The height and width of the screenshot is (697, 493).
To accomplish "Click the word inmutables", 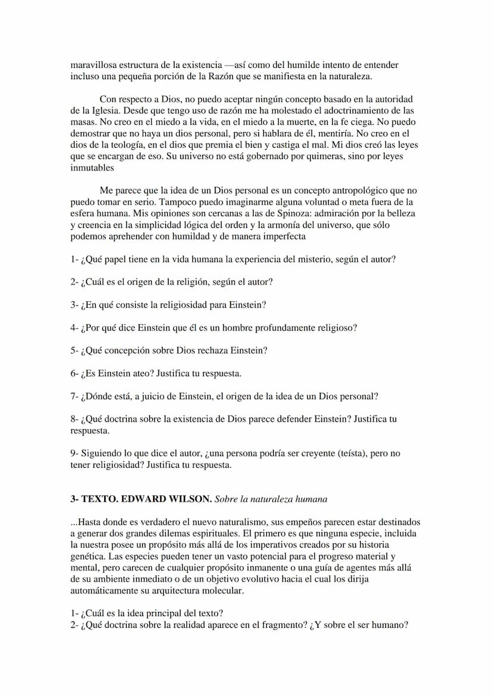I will tap(92, 168).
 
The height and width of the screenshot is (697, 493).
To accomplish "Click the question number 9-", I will tap(74, 454).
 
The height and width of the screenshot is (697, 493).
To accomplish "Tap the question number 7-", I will tap(74, 396).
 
